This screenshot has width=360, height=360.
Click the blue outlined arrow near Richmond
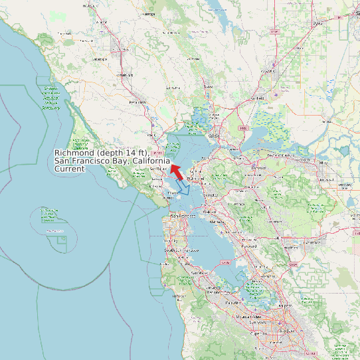click(x=183, y=188)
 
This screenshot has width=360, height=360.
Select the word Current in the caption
click(x=70, y=169)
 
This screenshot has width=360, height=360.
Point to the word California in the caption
click(x=151, y=161)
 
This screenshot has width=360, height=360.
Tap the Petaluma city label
click(x=137, y=102)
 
